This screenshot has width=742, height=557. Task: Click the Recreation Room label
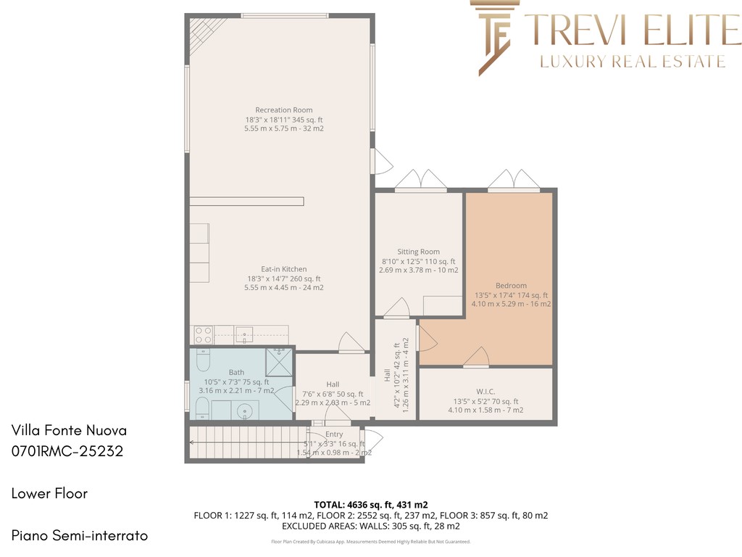coord(284,110)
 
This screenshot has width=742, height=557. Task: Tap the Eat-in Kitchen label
coord(284,269)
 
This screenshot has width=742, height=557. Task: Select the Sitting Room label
coord(418,252)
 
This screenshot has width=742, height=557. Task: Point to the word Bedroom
coord(511,286)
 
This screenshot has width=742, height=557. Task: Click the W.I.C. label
coord(485,392)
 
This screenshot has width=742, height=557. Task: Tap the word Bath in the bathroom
coord(237,372)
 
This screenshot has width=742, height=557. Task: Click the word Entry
coord(334,434)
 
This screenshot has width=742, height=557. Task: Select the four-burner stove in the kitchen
coord(203,335)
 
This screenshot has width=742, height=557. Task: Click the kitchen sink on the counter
coord(244,335)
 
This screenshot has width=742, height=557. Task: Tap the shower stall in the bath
coord(279,362)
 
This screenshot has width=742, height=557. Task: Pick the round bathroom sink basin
coord(245,410)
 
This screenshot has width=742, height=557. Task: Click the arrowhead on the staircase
coord(192,442)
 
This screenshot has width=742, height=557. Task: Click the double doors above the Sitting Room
coord(421,180)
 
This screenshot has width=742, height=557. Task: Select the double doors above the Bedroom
coord(514,180)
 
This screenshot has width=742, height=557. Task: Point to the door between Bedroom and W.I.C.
coord(476,357)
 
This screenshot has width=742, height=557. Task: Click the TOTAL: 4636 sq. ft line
coord(371,505)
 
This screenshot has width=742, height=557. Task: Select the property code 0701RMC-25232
coord(67,451)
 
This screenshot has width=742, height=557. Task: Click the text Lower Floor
coord(50,493)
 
